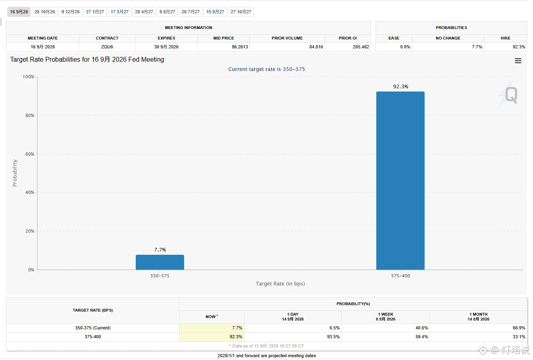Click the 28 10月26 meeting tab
point(44,12)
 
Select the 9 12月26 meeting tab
point(71,12)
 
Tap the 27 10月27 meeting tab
point(241,12)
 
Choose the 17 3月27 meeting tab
point(119,12)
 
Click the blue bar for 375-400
point(400,181)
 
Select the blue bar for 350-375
point(160,262)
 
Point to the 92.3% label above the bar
point(400,86)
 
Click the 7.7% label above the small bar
point(160,250)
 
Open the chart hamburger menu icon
point(518,61)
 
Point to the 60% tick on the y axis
point(30,154)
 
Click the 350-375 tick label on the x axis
point(160,276)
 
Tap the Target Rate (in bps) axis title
point(280,283)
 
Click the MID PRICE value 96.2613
point(240,47)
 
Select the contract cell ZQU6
point(107,47)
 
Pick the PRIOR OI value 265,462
point(361,47)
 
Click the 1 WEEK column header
point(386,317)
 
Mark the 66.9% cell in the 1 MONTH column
point(519,328)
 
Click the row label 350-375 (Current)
point(93,328)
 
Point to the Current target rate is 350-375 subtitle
point(267,69)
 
